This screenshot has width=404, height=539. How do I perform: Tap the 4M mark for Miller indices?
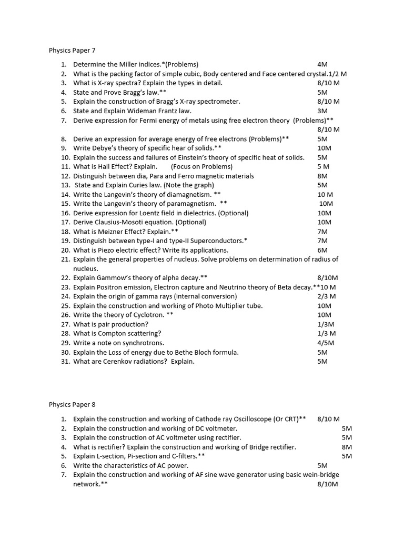[322, 64]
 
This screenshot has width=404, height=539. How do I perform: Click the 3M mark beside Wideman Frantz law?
[322, 111]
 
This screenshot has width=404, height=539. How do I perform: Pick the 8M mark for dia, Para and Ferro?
[322, 176]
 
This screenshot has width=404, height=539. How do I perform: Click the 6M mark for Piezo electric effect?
[322, 250]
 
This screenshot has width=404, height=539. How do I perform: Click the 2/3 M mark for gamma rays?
[327, 296]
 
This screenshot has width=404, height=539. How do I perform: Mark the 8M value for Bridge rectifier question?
[347, 447]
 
